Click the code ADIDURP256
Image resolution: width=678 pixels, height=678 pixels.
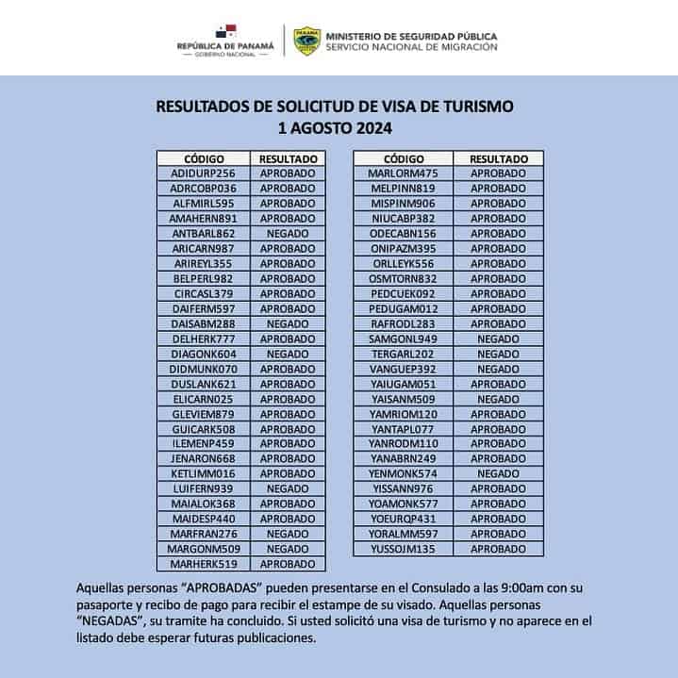(203, 174)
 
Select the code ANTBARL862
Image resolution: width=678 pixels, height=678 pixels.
(203, 233)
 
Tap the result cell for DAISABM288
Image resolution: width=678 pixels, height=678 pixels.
(288, 323)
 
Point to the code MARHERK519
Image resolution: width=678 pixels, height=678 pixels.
(203, 564)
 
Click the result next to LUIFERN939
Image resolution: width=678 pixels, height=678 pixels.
(288, 488)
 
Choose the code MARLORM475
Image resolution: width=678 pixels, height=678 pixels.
(403, 174)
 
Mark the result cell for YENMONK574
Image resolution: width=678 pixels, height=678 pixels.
(498, 473)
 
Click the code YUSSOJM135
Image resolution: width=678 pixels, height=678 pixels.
(403, 549)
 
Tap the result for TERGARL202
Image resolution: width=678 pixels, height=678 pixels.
(498, 354)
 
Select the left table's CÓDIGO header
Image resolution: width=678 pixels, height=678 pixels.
(203, 159)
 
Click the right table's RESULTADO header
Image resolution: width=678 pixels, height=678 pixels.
(498, 159)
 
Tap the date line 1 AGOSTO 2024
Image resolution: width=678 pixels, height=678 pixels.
(335, 127)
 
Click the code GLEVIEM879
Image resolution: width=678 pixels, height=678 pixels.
(203, 414)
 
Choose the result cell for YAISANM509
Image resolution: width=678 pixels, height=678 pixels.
(498, 399)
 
